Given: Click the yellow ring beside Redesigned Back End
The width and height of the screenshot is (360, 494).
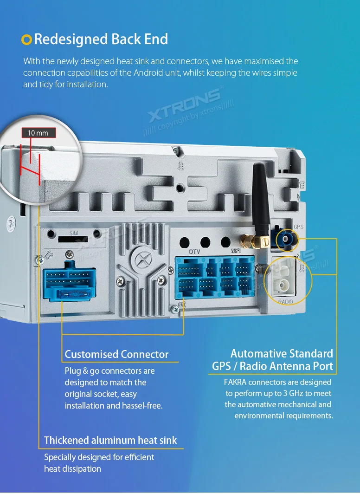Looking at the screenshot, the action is tap(26, 40).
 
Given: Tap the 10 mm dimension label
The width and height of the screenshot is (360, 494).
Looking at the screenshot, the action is tap(39, 133).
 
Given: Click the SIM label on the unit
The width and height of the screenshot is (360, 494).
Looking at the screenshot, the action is tap(73, 234).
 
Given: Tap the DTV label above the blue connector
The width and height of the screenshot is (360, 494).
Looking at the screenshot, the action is tap(194, 252).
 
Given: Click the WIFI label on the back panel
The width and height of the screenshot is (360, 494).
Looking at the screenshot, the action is tap(236, 251).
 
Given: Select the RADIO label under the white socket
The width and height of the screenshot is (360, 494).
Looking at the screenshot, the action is tap(285, 301).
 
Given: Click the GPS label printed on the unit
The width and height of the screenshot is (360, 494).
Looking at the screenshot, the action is tap(298, 227).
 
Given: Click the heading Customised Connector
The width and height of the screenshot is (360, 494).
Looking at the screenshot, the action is tap(117, 354).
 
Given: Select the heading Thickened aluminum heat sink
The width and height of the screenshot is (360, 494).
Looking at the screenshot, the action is tap(110, 440).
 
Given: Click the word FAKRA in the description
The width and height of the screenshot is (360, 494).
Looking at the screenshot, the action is tap(235, 382).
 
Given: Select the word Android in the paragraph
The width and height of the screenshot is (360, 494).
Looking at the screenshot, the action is tap(148, 73).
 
